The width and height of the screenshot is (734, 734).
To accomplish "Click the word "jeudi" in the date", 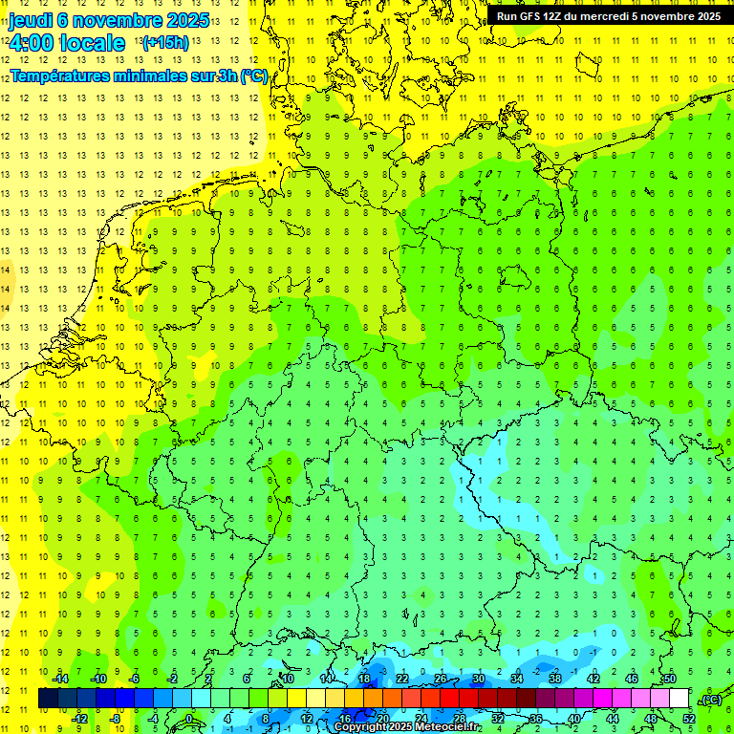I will (x=31, y=20).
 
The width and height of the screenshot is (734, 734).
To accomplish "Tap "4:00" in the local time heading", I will (x=32, y=42).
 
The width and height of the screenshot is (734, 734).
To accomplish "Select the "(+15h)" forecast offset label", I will (x=164, y=42).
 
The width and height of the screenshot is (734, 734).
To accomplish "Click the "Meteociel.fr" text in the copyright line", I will (x=448, y=726).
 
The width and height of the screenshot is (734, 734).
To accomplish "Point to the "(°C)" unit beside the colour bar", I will (x=711, y=701).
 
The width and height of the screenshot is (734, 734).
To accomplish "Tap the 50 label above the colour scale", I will (x=669, y=679).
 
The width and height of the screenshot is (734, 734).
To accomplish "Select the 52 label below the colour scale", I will (x=688, y=719).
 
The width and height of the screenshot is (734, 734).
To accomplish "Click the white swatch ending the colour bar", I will (x=680, y=699).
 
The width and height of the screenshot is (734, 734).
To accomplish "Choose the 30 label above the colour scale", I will (x=478, y=679).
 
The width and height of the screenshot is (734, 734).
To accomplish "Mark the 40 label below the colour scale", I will (x=573, y=719).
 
